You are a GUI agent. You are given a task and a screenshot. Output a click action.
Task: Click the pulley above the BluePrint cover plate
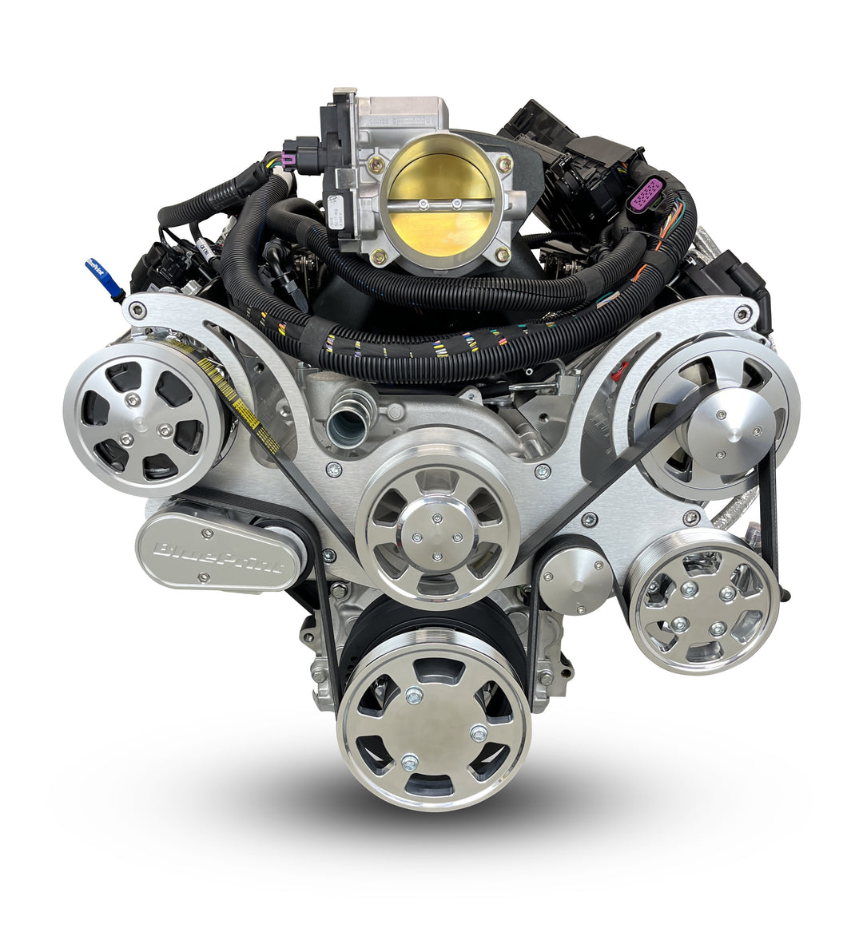click(144, 416)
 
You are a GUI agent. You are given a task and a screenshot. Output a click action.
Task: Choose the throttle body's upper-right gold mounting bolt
click(503, 165)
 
